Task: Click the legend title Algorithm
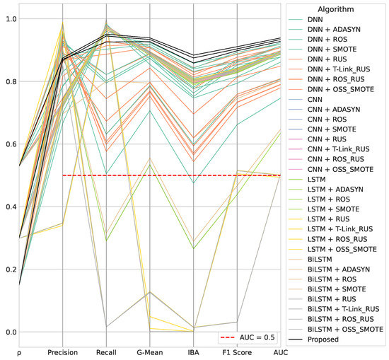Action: tap(336, 8)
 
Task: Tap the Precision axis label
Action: tap(63, 352)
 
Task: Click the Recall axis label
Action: tap(107, 352)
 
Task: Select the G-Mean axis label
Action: tap(150, 352)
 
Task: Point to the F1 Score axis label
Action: tap(237, 352)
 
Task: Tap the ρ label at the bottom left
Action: tap(19, 352)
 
